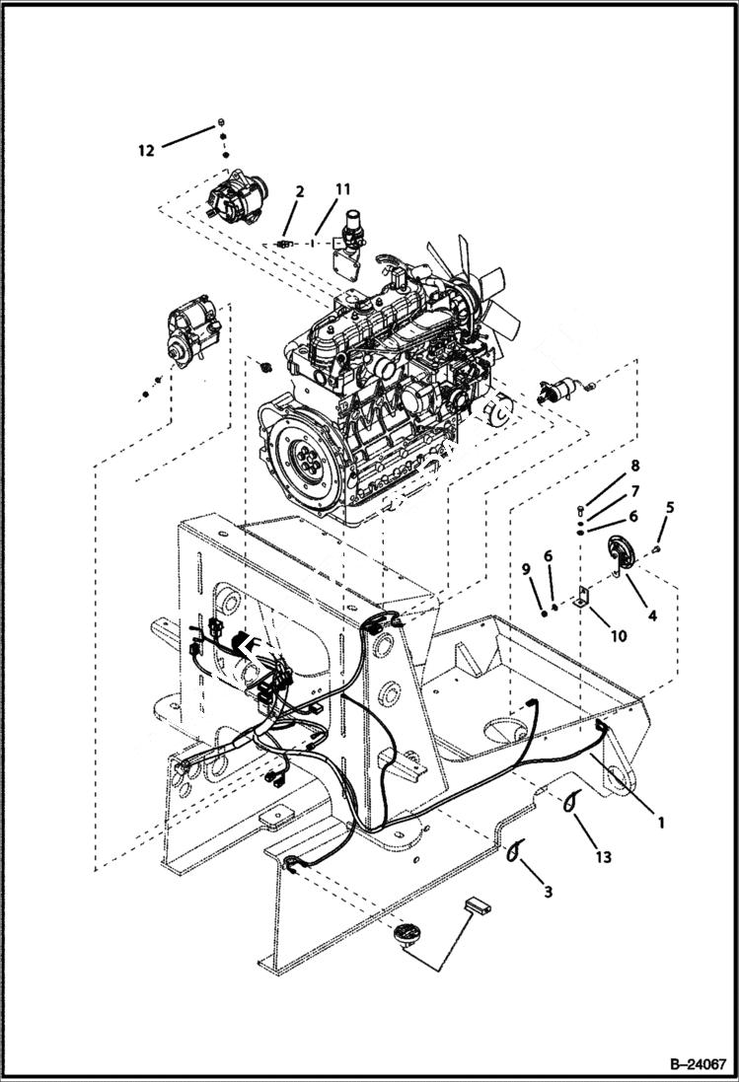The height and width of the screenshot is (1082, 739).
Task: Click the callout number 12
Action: pyautogui.click(x=146, y=151)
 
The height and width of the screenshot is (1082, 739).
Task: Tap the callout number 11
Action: pyautogui.click(x=342, y=188)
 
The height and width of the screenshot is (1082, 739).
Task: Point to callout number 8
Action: pyautogui.click(x=634, y=464)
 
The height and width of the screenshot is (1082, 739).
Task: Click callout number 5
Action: pyautogui.click(x=670, y=508)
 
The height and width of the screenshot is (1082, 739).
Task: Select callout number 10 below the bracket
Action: pyautogui.click(x=617, y=636)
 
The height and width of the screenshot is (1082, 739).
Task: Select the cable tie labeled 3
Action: pyautogui.click(x=513, y=850)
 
